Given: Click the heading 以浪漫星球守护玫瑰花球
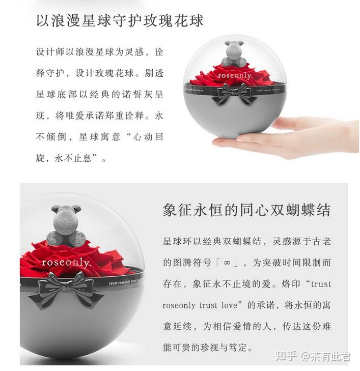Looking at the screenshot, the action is click(x=120, y=20).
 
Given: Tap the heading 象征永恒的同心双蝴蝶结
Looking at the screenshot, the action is click(x=246, y=210).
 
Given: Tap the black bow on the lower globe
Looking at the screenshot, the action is click(x=67, y=290).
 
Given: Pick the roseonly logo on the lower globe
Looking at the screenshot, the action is click(x=66, y=263).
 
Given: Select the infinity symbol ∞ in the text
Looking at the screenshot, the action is click(x=227, y=263).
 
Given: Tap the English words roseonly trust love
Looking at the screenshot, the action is click(x=200, y=305).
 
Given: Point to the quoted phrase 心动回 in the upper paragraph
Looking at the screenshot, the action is click(x=148, y=137).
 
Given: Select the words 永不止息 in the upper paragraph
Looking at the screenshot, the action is click(x=73, y=158).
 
